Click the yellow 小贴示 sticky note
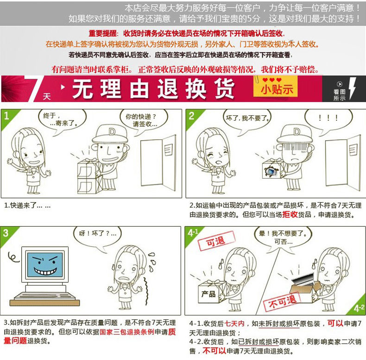pyautogui.click(x=276, y=87)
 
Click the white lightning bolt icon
pyautogui.click(x=353, y=88)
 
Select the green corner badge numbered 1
pyautogui.click(x=9, y=119)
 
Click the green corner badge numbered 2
pyautogui.click(x=194, y=119)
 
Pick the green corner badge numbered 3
pyautogui.click(x=8, y=236)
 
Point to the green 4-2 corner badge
pyautogui.click(x=357, y=307)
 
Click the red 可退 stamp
pyautogui.click(x=216, y=241)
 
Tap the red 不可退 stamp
pyautogui.click(x=282, y=302)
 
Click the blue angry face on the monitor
pyautogui.click(x=45, y=264)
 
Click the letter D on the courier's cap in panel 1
pyautogui.click(x=112, y=132)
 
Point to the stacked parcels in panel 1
pyautogui.click(x=89, y=177)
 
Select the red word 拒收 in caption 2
pyautogui.click(x=290, y=214)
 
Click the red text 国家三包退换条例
pyautogui.click(x=127, y=332)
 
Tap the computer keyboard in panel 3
pyautogui.click(x=44, y=297)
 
